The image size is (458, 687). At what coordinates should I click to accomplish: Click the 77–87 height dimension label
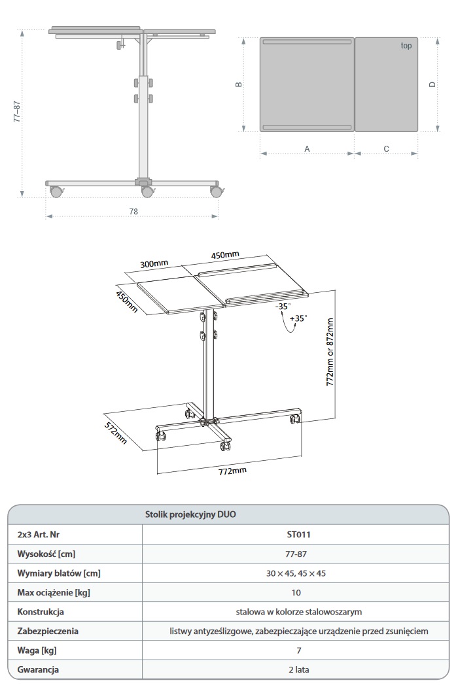[16, 111]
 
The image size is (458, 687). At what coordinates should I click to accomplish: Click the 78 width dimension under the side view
[133, 211]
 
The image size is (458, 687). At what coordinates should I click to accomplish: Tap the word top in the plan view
[406, 46]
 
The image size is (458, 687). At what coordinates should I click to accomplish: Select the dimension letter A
[307, 149]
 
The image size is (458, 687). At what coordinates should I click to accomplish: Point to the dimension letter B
[239, 84]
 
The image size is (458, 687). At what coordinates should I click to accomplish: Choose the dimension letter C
[387, 149]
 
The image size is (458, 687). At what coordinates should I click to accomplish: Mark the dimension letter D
[432, 84]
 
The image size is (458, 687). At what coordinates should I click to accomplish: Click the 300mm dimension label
[154, 264]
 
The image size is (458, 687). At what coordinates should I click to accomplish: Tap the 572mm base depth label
[115, 433]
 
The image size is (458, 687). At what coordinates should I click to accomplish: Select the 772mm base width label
[232, 471]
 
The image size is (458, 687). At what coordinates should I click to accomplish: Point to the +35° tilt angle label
[298, 318]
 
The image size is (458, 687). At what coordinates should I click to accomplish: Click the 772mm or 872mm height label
[330, 352]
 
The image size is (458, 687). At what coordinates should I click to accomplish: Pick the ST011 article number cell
[299, 535]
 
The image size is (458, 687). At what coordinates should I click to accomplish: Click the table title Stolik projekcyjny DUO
[190, 514]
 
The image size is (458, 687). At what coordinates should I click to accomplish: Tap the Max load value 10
[296, 593]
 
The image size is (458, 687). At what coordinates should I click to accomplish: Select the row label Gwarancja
[38, 670]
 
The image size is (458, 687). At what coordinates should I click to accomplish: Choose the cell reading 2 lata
[299, 670]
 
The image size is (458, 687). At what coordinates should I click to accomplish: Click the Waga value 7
[299, 650]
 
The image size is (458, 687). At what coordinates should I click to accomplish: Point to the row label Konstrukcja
[41, 612]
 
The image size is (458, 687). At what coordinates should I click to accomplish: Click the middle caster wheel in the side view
[147, 192]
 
